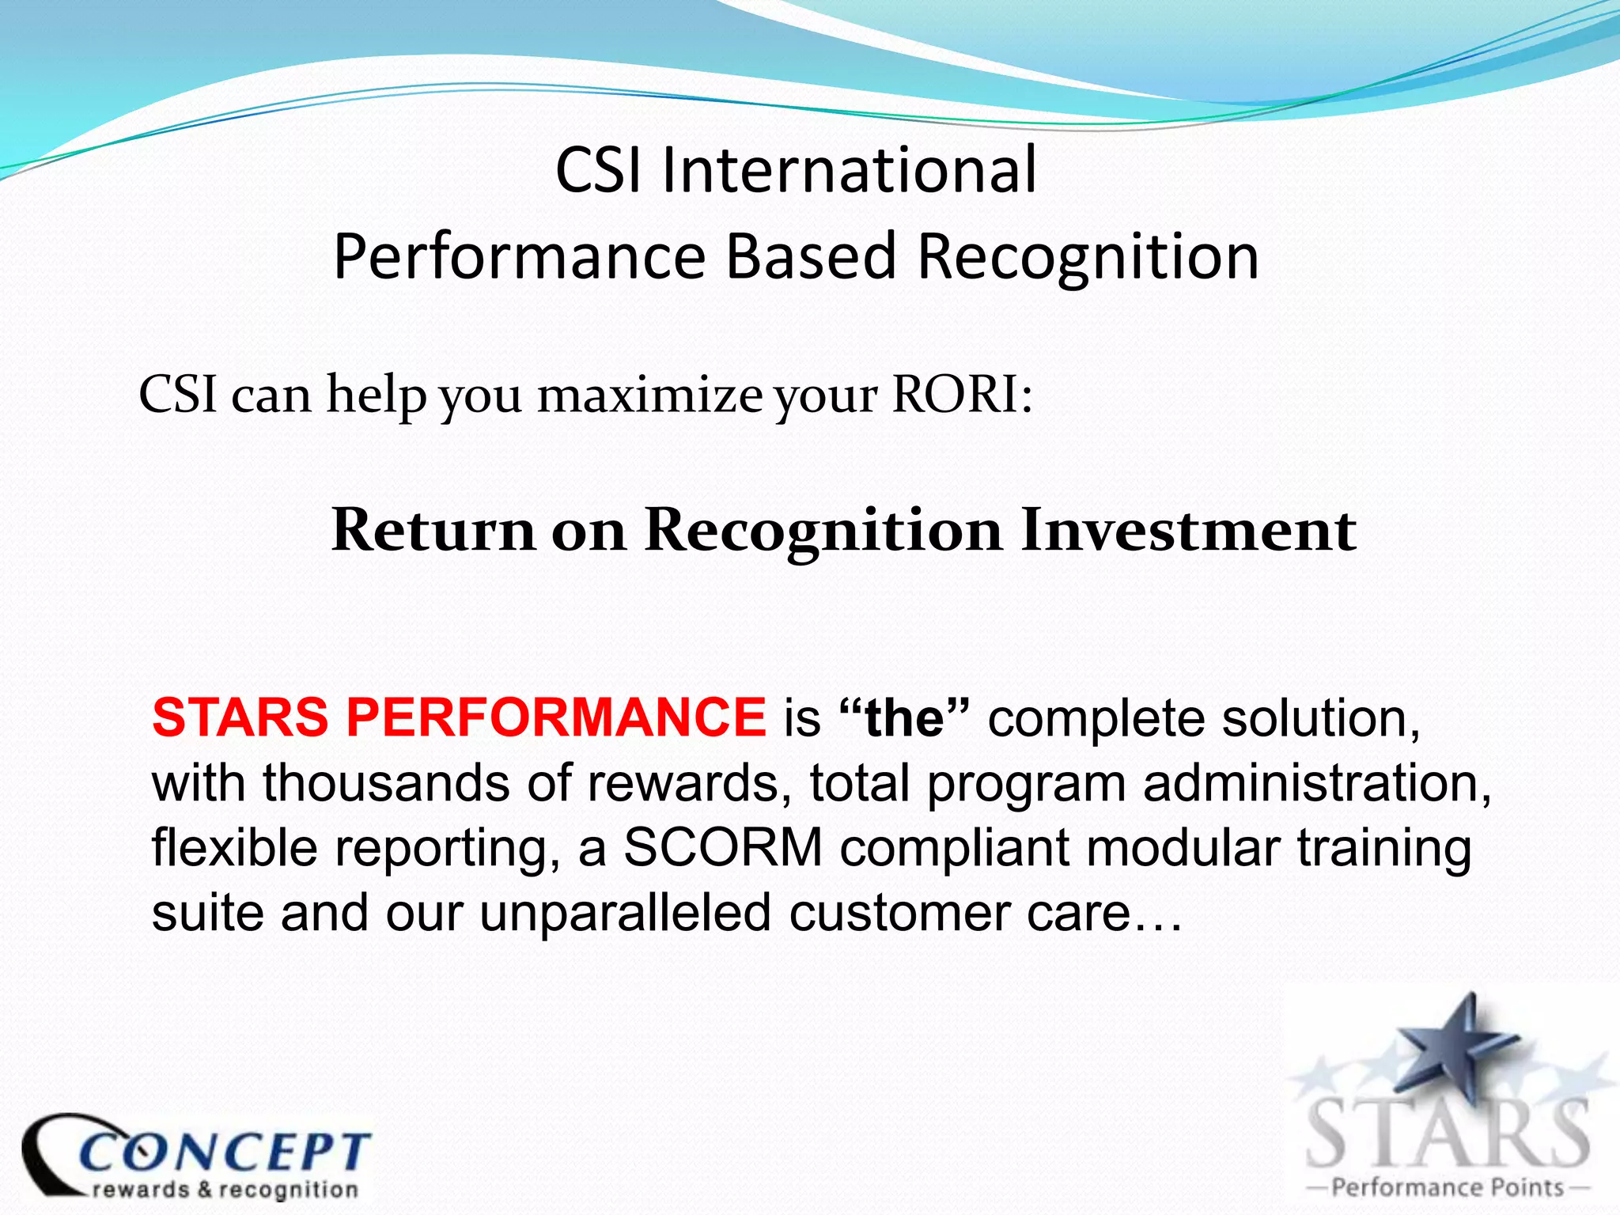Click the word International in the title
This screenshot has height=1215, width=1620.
[848, 170]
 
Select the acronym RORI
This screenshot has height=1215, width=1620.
[955, 394]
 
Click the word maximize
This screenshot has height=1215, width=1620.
[649, 395]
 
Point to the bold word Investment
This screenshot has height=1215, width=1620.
[1188, 530]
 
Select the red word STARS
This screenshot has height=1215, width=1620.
[240, 717]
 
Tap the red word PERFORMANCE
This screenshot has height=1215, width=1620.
[556, 717]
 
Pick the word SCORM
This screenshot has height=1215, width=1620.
[723, 848]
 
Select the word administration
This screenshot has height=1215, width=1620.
[1317, 783]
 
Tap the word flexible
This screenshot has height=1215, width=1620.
[234, 848]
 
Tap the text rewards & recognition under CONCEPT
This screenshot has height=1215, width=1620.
[225, 1190]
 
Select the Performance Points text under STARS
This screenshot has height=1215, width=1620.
[1448, 1187]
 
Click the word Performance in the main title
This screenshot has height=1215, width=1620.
[519, 257]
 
